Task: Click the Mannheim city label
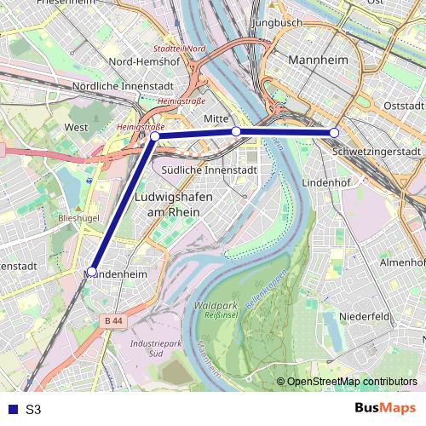[x=319, y=60]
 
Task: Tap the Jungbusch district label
[x=278, y=21]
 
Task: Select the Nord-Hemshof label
[x=145, y=61]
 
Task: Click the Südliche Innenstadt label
[x=209, y=170]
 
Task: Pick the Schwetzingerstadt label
[x=377, y=152]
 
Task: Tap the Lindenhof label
[x=346, y=182]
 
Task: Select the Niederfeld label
[x=364, y=315]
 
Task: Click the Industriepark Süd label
[x=147, y=347]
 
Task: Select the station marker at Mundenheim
[x=92, y=272]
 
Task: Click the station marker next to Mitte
[x=236, y=131]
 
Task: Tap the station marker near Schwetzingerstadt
[x=334, y=133]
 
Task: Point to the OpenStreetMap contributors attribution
[x=352, y=382]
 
